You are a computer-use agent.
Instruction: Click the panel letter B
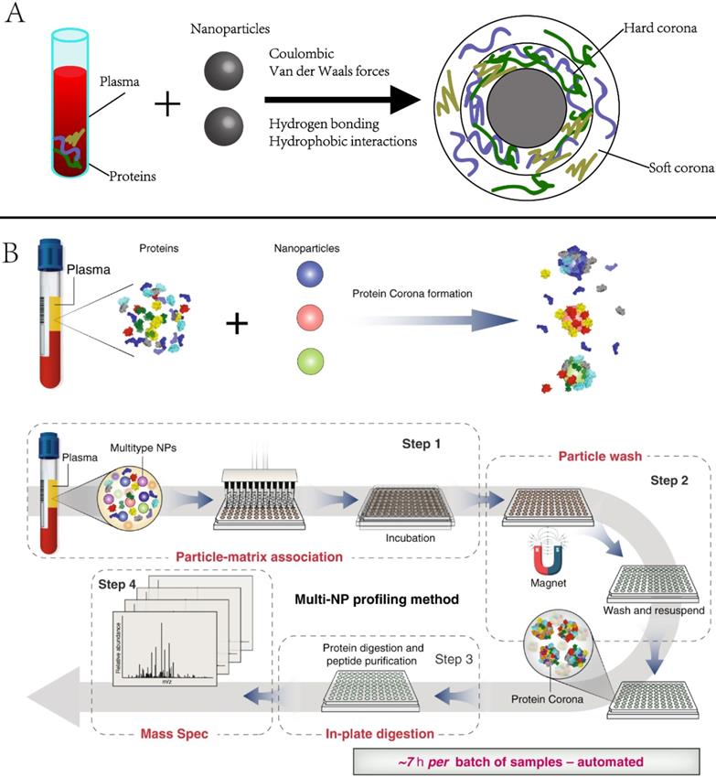pos(13,252)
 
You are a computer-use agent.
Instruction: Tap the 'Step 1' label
pos(422,443)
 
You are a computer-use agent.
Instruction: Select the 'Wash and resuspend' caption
pos(647,609)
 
